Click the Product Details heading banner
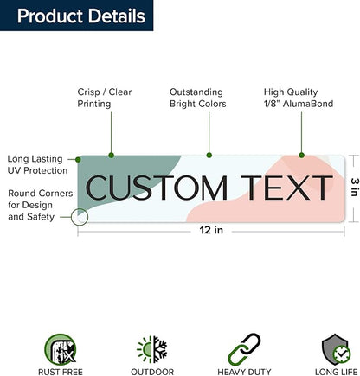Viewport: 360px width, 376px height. coord(76,16)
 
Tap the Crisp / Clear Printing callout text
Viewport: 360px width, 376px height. coord(105,98)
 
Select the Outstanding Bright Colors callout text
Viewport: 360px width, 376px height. coord(197,98)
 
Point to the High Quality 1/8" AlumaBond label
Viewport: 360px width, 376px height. coord(299,98)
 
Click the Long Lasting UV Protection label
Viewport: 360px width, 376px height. coord(37,164)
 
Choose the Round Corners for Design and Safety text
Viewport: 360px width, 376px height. coord(41,205)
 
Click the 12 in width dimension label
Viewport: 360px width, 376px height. coord(211,230)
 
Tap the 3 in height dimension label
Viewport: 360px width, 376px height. coord(355,187)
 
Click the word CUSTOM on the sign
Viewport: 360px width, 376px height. coord(157,188)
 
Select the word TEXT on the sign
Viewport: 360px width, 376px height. coord(286,188)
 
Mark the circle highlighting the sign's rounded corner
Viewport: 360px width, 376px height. coord(80,217)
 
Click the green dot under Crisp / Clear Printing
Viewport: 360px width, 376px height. coord(112,156)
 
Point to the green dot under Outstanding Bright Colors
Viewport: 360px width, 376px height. coord(209,156)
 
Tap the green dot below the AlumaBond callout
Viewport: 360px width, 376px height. coord(301,156)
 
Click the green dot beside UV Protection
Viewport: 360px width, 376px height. coord(78,159)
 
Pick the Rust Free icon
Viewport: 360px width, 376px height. coord(61,349)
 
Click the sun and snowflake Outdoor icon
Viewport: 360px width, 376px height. coord(152,349)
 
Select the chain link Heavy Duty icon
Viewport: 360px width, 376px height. coord(244,349)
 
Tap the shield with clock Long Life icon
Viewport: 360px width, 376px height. coord(337,349)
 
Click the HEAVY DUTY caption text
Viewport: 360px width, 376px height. coord(244,372)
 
